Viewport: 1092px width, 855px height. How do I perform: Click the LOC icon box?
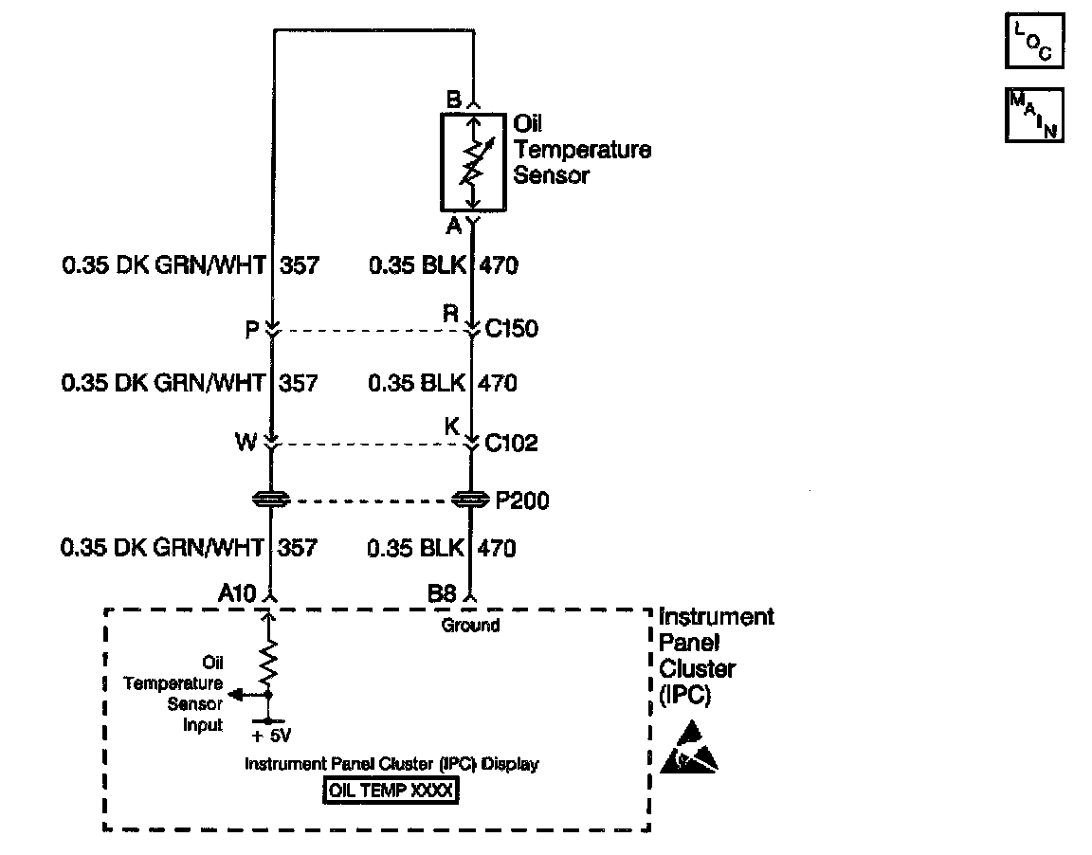[x=1034, y=42]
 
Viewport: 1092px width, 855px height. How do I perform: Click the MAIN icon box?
[x=1034, y=115]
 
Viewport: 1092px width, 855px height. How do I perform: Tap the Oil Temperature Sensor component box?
[x=474, y=162]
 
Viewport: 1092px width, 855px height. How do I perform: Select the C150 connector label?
[x=512, y=330]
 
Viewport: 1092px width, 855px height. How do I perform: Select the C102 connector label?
[x=512, y=443]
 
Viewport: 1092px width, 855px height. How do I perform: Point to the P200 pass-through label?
[x=522, y=500]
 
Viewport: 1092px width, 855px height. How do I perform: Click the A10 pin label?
[x=236, y=594]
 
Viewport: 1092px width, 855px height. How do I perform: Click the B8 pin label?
[x=442, y=594]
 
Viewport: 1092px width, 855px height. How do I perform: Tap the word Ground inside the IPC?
[x=470, y=626]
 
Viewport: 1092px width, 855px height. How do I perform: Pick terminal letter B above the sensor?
[x=453, y=100]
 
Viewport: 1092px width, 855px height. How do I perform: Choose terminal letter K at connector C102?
[x=452, y=428]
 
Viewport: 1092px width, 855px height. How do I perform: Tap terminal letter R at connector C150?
[x=452, y=313]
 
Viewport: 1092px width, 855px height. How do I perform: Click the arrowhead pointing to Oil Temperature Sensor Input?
[x=235, y=694]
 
